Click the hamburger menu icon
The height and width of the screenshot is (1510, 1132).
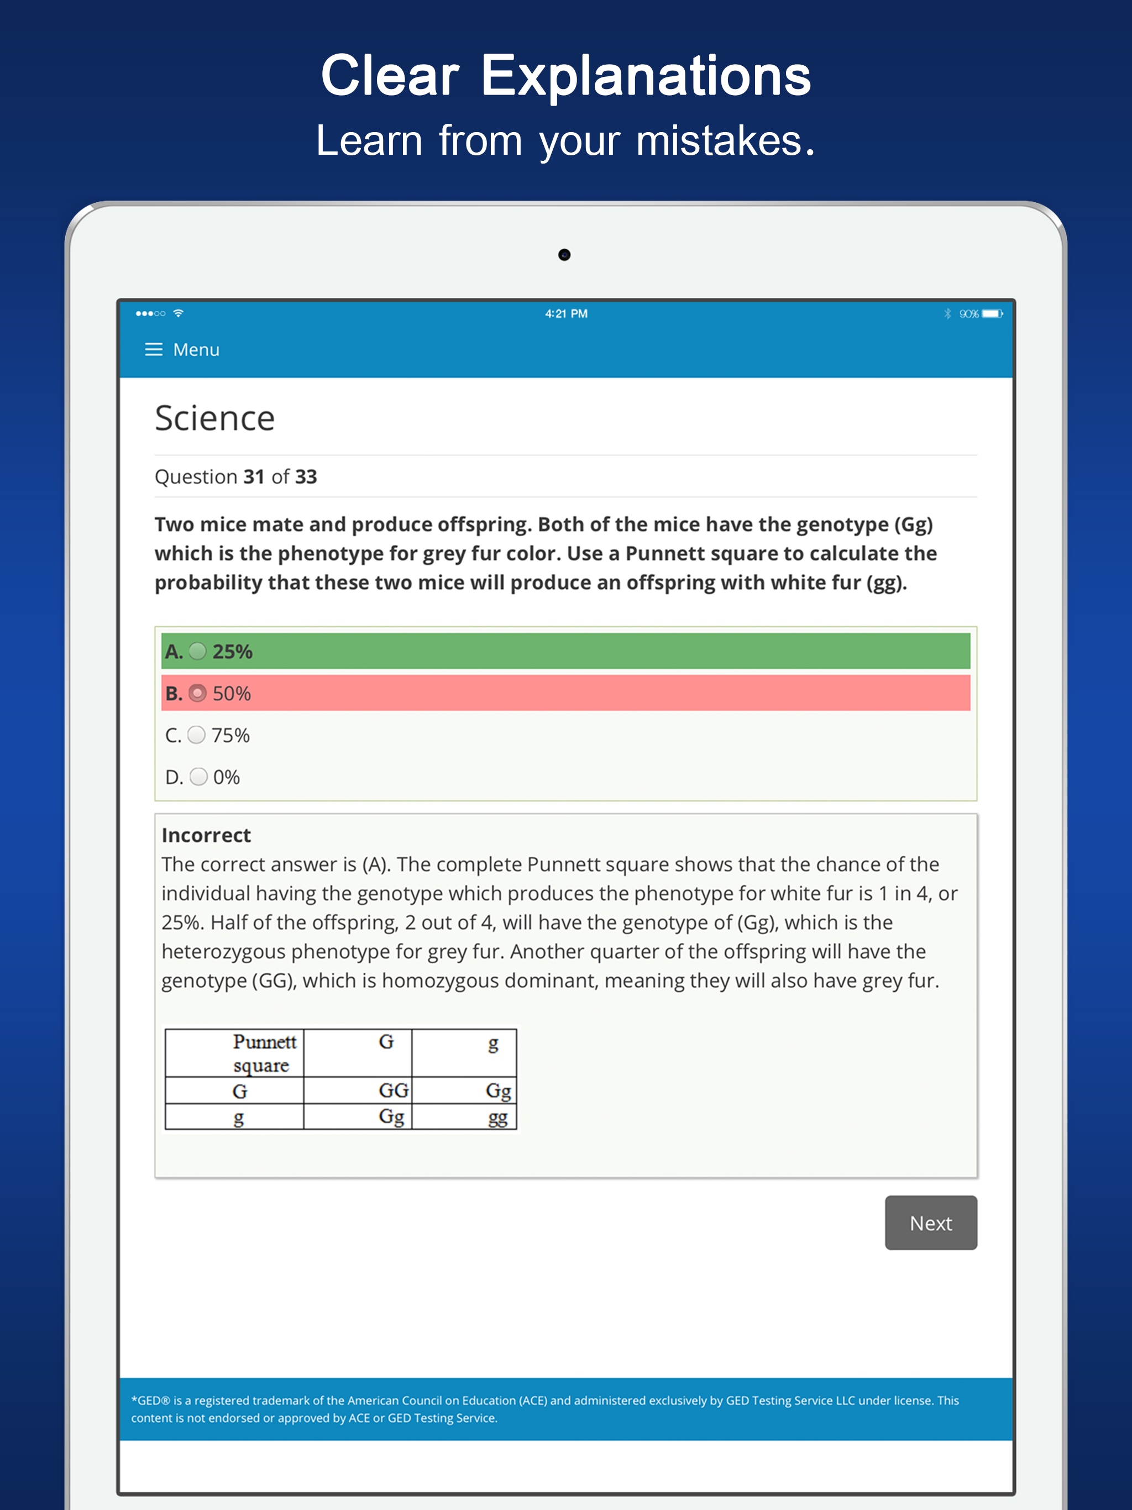[x=154, y=349]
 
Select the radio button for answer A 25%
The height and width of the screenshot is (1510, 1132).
[x=197, y=651]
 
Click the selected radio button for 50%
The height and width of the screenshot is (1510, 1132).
[x=197, y=694]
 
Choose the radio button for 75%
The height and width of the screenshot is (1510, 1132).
[x=197, y=735]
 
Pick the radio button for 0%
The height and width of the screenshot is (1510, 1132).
[x=198, y=777]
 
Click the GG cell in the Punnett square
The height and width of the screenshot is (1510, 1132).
[x=393, y=1090]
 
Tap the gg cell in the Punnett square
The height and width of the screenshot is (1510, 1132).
[x=497, y=1118]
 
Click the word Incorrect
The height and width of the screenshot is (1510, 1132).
[x=206, y=835]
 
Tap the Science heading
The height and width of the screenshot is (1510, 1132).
[x=214, y=418]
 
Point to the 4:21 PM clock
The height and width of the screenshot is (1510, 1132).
[x=566, y=313]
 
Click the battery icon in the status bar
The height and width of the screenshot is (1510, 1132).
[x=992, y=313]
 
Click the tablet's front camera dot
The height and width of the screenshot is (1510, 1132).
[x=564, y=255]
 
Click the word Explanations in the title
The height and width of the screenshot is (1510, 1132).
[x=646, y=76]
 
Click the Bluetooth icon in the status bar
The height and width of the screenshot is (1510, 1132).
[x=947, y=313]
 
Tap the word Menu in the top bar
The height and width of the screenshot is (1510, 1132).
[x=197, y=349]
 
